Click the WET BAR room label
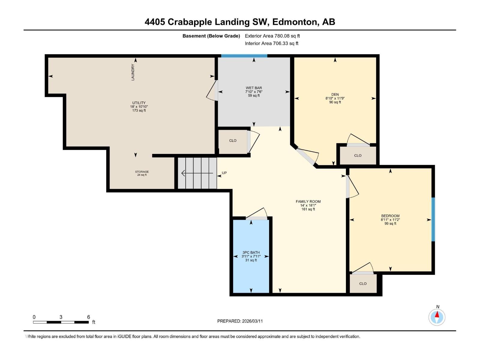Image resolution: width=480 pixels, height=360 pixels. [x=254, y=88]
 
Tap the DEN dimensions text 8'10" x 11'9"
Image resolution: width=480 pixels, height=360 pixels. [x=335, y=98]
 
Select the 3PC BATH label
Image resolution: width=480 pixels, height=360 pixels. [x=251, y=253]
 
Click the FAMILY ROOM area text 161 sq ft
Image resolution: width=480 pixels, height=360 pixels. [x=308, y=209]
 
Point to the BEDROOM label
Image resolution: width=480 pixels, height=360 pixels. [x=390, y=216]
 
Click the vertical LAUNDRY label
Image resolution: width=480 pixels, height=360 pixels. [x=133, y=72]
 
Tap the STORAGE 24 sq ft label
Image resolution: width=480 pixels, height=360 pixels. [x=142, y=173]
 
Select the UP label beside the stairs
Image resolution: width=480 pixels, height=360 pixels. [x=224, y=173]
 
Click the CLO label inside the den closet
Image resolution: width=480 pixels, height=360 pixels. [x=358, y=155]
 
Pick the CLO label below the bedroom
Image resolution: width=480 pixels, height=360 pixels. [x=363, y=283]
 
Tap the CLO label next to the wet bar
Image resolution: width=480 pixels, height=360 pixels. [x=233, y=140]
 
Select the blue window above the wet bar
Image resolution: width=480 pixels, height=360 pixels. [x=244, y=56]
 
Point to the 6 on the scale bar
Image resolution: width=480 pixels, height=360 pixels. [x=88, y=317]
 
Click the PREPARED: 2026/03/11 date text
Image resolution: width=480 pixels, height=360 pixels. [x=240, y=321]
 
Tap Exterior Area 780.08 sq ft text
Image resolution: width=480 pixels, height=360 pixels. [x=272, y=36]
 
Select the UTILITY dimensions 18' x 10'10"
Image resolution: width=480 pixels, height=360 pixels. [x=139, y=107]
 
